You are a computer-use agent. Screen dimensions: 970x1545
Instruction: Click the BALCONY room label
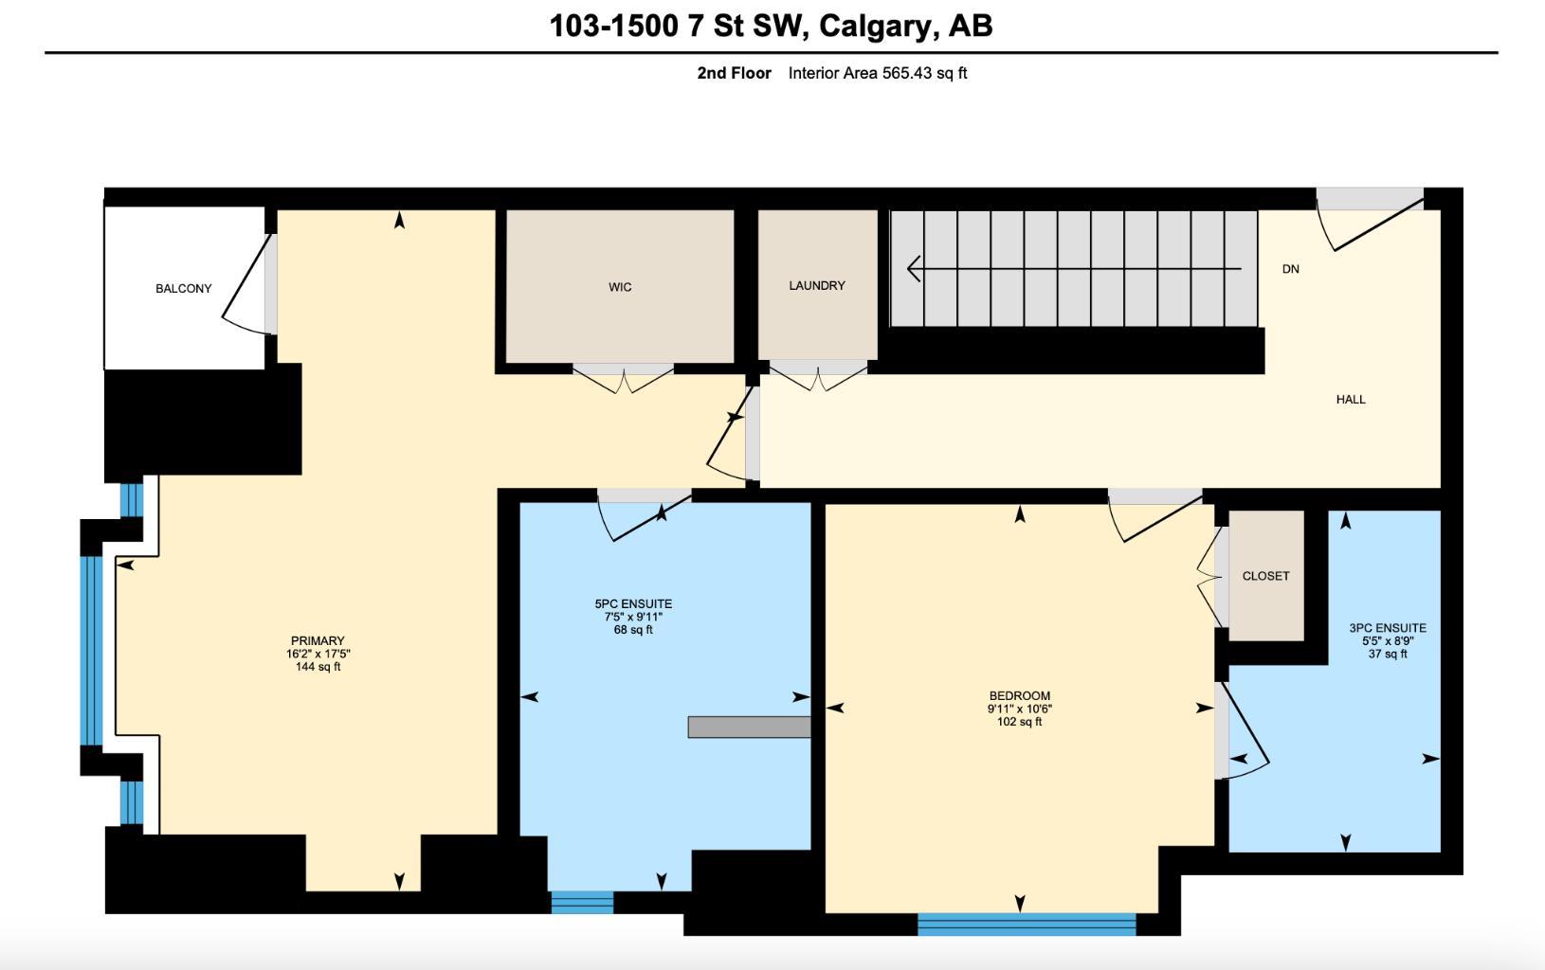(x=184, y=288)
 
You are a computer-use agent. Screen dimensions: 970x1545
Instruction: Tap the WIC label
(x=620, y=287)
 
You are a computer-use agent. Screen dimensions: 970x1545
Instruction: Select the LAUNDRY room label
(x=817, y=285)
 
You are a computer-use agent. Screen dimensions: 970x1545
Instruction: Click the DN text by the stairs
(x=1290, y=269)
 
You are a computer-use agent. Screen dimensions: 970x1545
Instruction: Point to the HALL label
(x=1351, y=399)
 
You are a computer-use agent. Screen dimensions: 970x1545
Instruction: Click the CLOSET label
(x=1265, y=576)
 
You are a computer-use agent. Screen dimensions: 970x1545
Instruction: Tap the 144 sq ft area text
(x=318, y=667)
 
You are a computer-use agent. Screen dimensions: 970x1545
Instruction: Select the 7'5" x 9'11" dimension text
(x=633, y=617)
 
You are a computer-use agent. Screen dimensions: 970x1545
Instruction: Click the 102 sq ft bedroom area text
(x=1019, y=722)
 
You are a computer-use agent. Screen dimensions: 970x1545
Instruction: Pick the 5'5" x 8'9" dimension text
(x=1388, y=640)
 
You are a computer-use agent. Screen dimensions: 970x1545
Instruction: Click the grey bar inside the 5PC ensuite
(x=749, y=727)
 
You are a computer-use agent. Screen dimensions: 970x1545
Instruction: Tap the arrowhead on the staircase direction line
(x=914, y=269)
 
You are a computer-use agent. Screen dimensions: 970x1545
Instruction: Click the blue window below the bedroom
(x=1027, y=924)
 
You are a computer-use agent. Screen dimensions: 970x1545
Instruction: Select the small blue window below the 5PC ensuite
(x=582, y=902)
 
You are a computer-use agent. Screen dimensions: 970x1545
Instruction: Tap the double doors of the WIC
(x=623, y=378)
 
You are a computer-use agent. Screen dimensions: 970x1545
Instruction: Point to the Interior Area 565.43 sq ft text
(x=877, y=73)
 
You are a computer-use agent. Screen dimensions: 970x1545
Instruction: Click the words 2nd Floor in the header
(x=734, y=73)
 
